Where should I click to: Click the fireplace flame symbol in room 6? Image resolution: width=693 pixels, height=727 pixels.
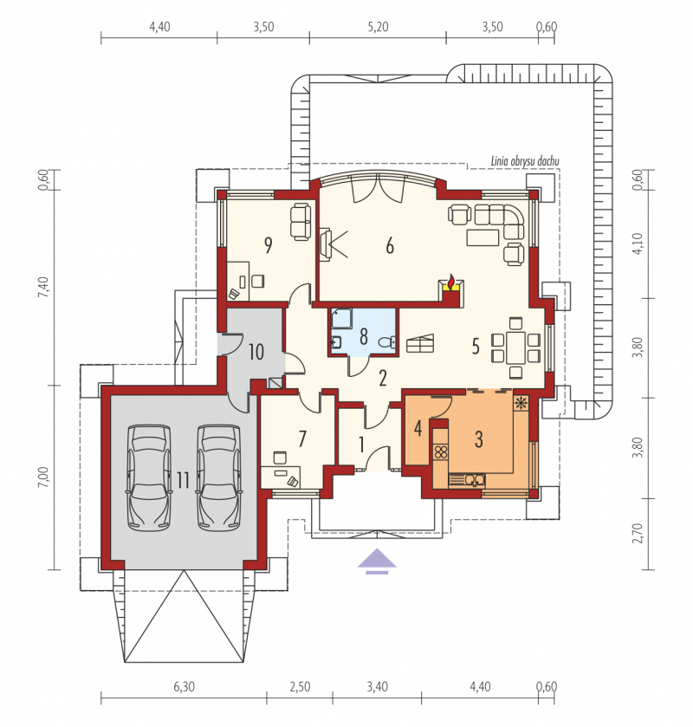450,282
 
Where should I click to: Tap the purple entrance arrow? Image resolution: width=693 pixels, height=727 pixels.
377,561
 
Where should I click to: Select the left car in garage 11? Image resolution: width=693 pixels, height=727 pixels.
149,477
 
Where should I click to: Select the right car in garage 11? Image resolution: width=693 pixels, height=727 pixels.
219,477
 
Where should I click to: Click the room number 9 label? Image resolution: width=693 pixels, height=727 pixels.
268,245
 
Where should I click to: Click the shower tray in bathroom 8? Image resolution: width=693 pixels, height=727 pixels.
341,319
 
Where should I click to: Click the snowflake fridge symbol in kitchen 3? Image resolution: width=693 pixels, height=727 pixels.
521,402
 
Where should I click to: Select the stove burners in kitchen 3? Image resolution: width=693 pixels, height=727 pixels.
441,451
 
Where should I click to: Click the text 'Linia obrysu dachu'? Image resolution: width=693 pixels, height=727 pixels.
525,161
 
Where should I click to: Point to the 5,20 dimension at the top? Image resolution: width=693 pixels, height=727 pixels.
378,27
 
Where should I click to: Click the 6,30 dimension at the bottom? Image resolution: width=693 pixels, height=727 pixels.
184,686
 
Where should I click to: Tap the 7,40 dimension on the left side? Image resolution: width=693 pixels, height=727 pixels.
43,288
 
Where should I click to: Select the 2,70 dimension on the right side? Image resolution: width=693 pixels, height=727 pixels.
638,533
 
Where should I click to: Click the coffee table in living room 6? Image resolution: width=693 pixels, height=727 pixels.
483,237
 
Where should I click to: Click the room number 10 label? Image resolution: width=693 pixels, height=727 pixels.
256,352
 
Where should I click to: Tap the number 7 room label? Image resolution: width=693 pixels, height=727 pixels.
302,438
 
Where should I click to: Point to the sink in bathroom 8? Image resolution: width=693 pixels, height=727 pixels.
336,342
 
